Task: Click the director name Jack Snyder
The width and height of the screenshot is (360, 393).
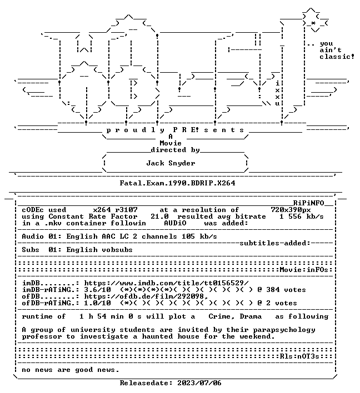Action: pos(171,163)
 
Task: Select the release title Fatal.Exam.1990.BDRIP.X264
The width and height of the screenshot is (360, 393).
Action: pos(177,183)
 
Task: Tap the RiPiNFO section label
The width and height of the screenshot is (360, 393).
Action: pos(308,203)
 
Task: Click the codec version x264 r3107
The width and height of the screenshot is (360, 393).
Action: pos(115,210)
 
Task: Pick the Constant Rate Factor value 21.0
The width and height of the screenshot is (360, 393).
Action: pos(159,216)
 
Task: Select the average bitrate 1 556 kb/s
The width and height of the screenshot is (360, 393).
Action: pos(302,216)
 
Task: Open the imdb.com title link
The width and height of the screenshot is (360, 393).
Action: pos(166,283)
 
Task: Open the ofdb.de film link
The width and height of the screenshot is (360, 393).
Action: pos(146,296)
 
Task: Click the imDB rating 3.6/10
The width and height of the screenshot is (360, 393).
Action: pos(97,290)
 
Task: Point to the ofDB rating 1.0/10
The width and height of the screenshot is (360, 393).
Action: pos(97,303)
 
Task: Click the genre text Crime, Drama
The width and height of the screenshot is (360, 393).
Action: pos(235,316)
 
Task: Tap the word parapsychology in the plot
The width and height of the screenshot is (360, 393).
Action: pos(284,330)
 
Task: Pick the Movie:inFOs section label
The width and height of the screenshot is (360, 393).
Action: pos(304,270)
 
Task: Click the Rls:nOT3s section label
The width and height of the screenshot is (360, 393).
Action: pos(299,356)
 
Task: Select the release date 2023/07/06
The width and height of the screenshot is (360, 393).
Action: pos(199,383)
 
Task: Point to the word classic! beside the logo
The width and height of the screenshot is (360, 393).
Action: pos(337,57)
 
